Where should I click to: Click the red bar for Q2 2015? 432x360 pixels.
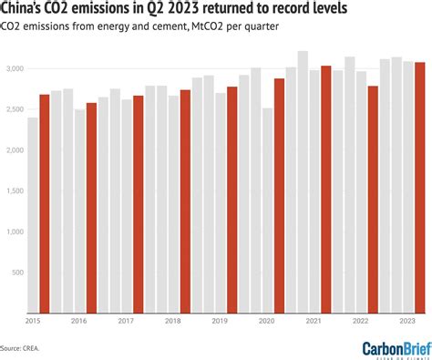[x=45, y=205]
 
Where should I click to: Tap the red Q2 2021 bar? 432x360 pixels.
[x=325, y=190]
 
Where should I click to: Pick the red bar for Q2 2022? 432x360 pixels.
[x=373, y=201]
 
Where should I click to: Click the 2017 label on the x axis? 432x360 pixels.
[x=126, y=322]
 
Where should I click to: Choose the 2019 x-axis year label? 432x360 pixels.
[x=220, y=322]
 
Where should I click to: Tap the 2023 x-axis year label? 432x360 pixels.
[x=407, y=322]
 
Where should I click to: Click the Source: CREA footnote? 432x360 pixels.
[x=26, y=347]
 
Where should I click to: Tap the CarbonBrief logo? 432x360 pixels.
[x=394, y=346]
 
